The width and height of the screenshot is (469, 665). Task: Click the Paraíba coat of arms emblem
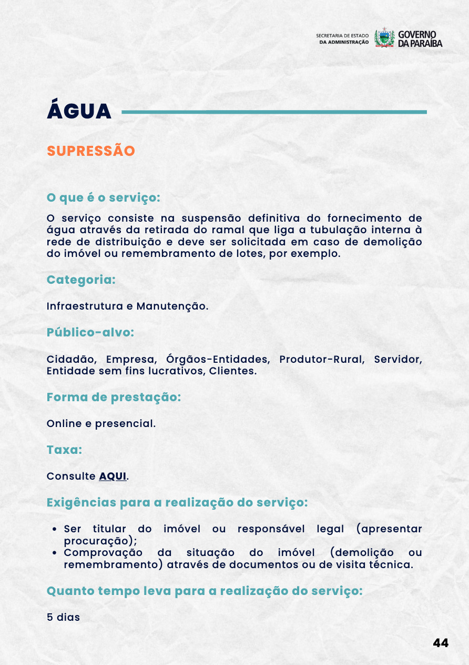pos(384,38)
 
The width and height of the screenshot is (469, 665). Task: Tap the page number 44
pos(441,643)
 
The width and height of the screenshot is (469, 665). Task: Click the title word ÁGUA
pos(79,111)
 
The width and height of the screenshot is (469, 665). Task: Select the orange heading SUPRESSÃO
pos(91,151)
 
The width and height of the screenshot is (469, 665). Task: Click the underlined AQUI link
pos(113,476)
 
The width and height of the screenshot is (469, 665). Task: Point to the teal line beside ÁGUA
pos(274,112)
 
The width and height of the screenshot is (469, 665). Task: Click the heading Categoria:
pos(81,280)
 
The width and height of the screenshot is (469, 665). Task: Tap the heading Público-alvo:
pos(90,333)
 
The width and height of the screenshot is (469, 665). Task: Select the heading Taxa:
pos(65,450)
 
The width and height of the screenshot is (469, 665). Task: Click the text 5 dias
pos(63,617)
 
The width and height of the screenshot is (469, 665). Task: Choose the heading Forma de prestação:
pos(114,398)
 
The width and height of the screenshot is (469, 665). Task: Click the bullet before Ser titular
pos(55,529)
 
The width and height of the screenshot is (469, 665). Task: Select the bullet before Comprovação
pos(55,553)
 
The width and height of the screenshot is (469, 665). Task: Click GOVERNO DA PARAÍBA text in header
pos(420,38)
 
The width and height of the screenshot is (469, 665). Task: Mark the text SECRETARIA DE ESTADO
pos(343,35)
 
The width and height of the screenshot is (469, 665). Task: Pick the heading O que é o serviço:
pos(103,197)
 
